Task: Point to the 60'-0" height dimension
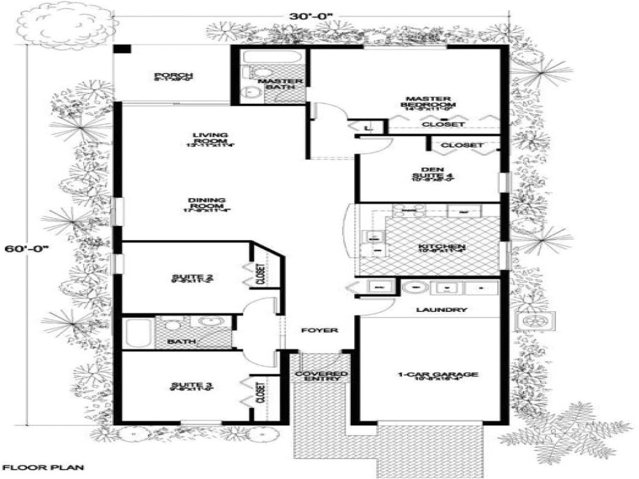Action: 26,248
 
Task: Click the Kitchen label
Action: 442,247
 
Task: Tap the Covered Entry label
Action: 321,375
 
